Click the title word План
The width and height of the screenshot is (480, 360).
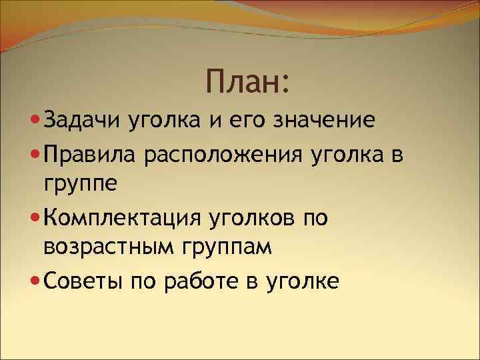242,82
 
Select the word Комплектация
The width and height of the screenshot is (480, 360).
117,218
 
